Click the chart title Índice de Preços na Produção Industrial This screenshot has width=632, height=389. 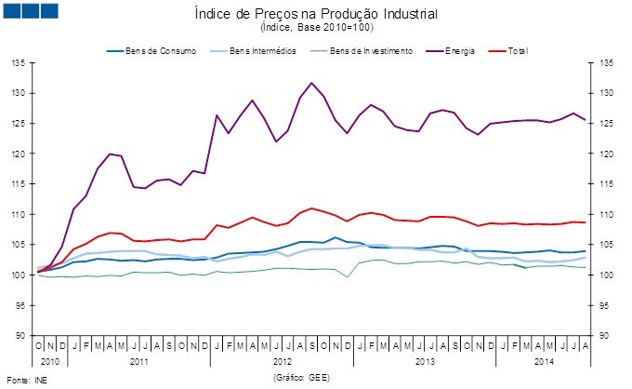coord(316,14)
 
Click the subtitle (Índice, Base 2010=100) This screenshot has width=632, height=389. coord(316,29)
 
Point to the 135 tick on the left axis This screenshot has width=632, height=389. coord(19,63)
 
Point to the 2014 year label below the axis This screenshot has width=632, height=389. coord(545,359)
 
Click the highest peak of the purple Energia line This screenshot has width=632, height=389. coord(311,83)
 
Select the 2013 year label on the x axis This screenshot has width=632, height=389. coord(424,359)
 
